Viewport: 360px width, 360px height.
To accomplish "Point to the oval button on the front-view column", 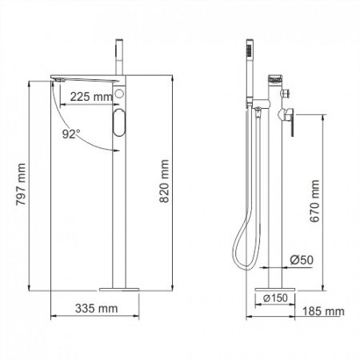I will (120, 126).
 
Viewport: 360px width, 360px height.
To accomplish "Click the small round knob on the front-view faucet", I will (120, 96).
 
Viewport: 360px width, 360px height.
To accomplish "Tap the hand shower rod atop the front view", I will (121, 56).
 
